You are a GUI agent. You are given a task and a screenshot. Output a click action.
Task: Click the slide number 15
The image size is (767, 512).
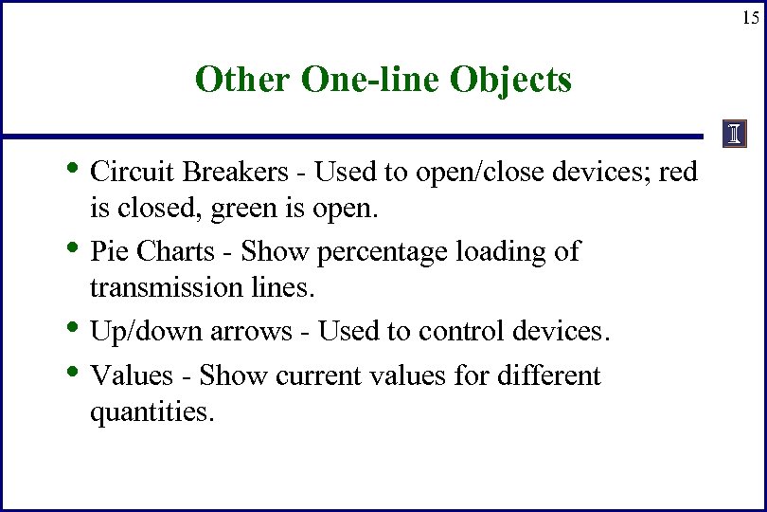pyautogui.click(x=750, y=18)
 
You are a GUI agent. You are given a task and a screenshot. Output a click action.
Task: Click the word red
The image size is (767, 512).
pyautogui.click(x=678, y=172)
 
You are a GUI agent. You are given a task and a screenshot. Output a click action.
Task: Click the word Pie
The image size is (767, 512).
pyautogui.click(x=107, y=251)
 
